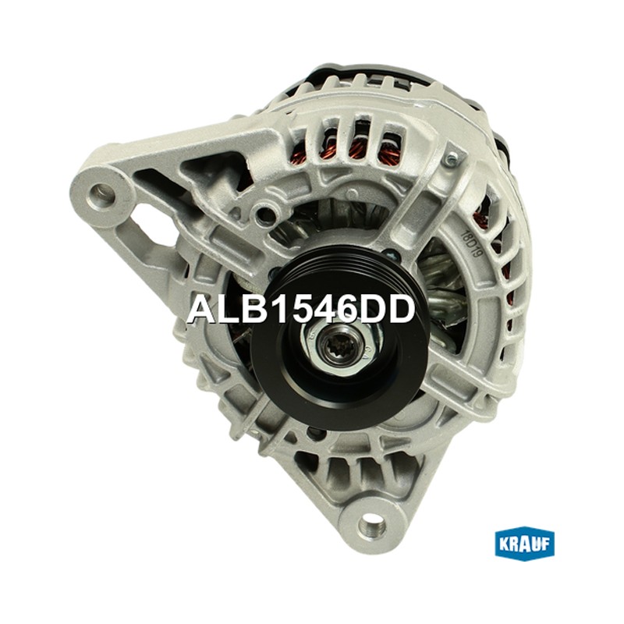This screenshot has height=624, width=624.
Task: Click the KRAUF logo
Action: click(x=524, y=544)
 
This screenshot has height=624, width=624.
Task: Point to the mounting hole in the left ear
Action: click(x=103, y=196)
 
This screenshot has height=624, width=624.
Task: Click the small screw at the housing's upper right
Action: click(x=452, y=160)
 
